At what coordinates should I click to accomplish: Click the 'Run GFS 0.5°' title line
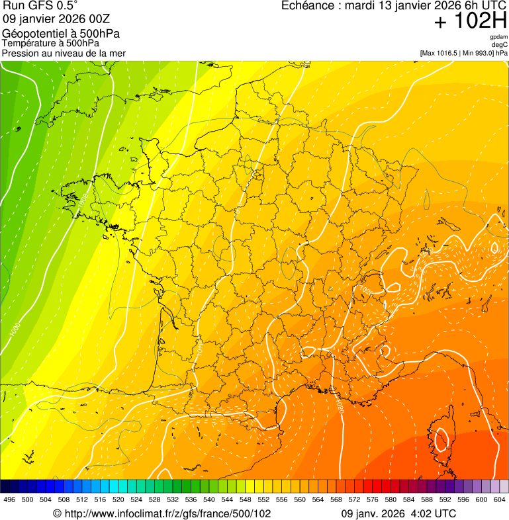[40, 6]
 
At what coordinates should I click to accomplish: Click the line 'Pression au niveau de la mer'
[64, 53]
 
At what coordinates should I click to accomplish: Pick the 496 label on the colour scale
[9, 499]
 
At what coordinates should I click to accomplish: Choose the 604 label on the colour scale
[500, 499]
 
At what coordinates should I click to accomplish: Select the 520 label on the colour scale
[118, 499]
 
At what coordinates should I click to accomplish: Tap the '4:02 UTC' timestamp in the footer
[434, 513]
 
